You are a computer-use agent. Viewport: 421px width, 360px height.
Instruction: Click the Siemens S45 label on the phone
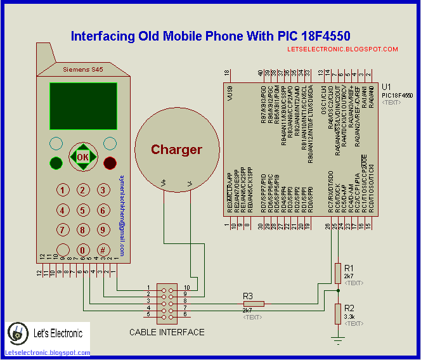point(82,68)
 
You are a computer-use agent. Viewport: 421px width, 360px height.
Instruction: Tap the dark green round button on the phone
point(56,164)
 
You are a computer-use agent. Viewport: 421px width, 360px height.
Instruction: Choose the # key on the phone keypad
point(101,249)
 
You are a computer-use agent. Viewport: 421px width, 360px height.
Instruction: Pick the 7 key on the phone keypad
point(63,229)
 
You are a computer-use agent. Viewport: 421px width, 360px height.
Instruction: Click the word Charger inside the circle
point(176,150)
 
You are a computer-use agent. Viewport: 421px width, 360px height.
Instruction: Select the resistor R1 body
point(337,273)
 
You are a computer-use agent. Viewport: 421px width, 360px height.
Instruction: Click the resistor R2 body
point(337,312)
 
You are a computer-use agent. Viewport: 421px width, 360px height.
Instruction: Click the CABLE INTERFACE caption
point(167,332)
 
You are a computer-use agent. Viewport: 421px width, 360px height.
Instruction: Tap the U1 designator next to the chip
point(387,87)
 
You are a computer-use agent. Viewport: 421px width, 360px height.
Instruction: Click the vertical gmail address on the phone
point(122,209)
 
